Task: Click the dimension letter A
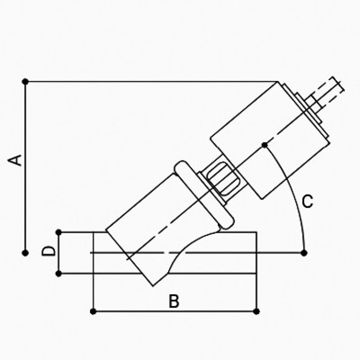click(x=15, y=160)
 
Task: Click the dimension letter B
click(x=174, y=301)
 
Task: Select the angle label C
click(x=307, y=202)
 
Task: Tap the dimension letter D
click(x=48, y=251)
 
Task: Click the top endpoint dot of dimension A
click(x=25, y=82)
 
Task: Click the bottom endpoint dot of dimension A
click(x=25, y=253)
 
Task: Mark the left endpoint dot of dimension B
click(x=93, y=312)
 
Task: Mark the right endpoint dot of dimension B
click(x=256, y=312)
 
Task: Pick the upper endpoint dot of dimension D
click(x=59, y=232)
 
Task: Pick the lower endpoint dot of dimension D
click(x=59, y=274)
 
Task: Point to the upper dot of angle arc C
click(x=265, y=145)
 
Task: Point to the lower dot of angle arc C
click(x=304, y=253)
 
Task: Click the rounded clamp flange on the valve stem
click(x=204, y=195)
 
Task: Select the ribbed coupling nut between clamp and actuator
click(x=223, y=179)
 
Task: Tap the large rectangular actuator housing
click(x=270, y=140)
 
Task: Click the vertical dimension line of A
click(x=25, y=167)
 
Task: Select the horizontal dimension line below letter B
click(x=174, y=312)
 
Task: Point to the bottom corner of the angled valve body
click(x=153, y=286)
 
